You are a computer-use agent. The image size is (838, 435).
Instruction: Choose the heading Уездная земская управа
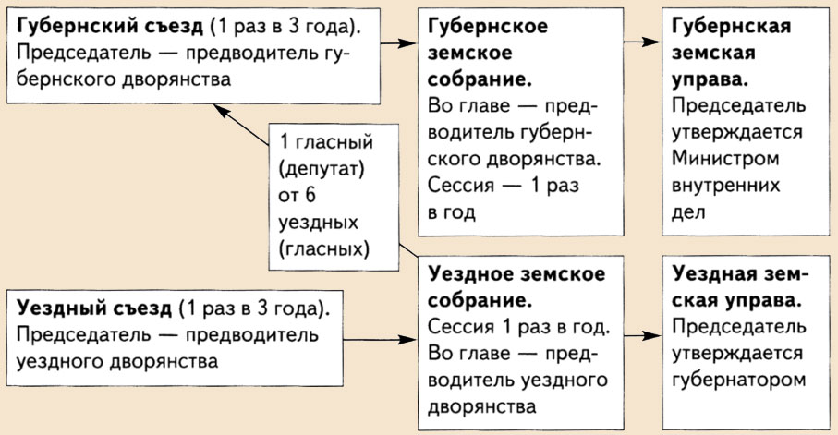pyautogui.click(x=739, y=287)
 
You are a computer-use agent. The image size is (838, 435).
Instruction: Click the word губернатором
pyautogui.click(x=740, y=379)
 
